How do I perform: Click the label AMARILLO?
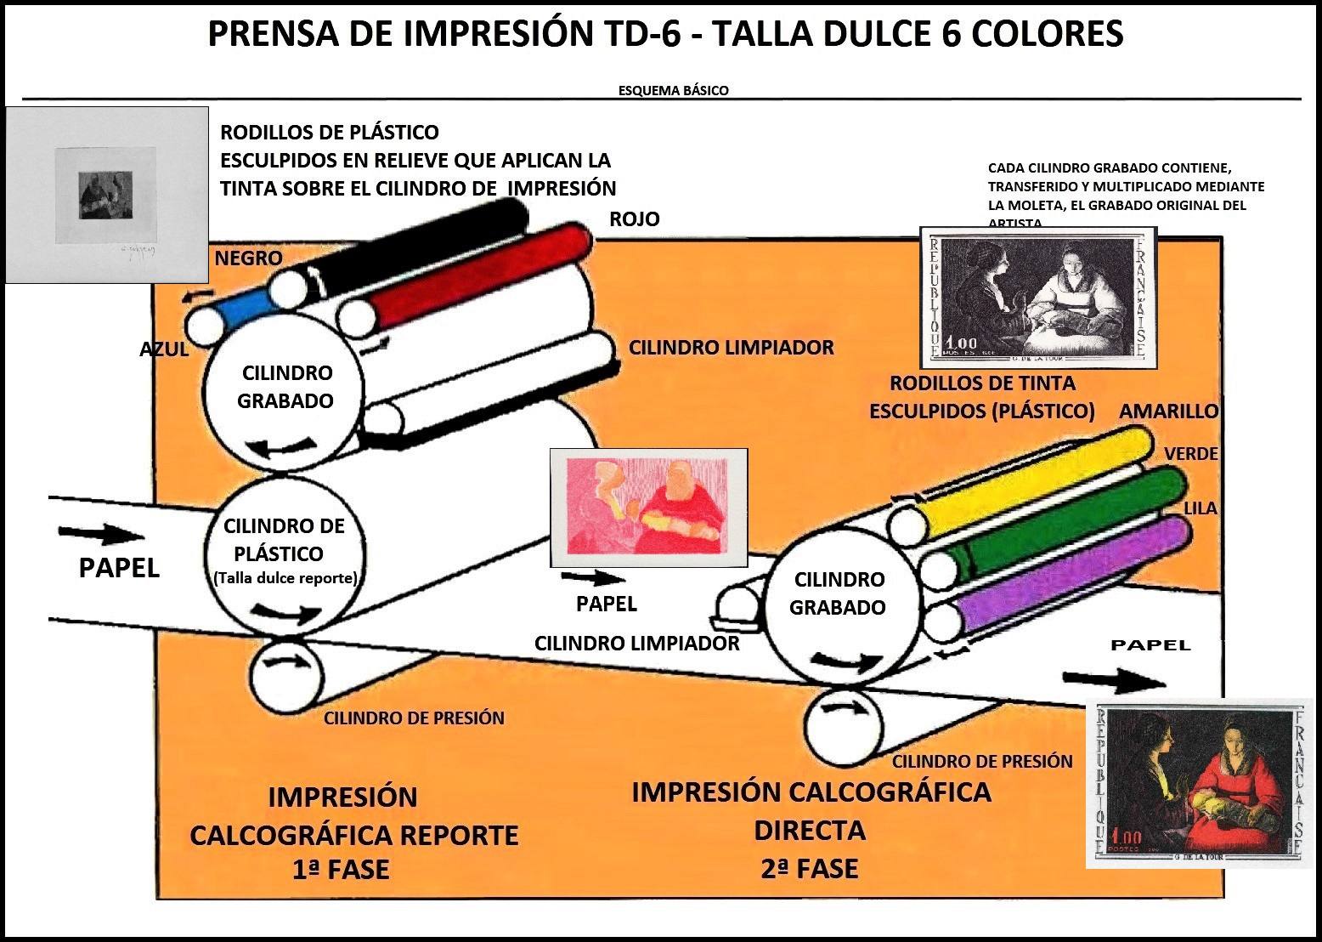click(1168, 411)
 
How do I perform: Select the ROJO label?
click(634, 219)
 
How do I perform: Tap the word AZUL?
click(164, 349)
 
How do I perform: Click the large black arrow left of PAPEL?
click(101, 534)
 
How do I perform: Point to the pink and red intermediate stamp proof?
click(648, 508)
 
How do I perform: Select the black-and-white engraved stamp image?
click(1038, 297)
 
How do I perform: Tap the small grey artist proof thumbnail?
click(106, 195)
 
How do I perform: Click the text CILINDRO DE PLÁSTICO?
click(284, 539)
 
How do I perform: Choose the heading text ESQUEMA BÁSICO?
click(673, 90)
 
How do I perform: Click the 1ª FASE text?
click(341, 870)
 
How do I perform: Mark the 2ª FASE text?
click(809, 868)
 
